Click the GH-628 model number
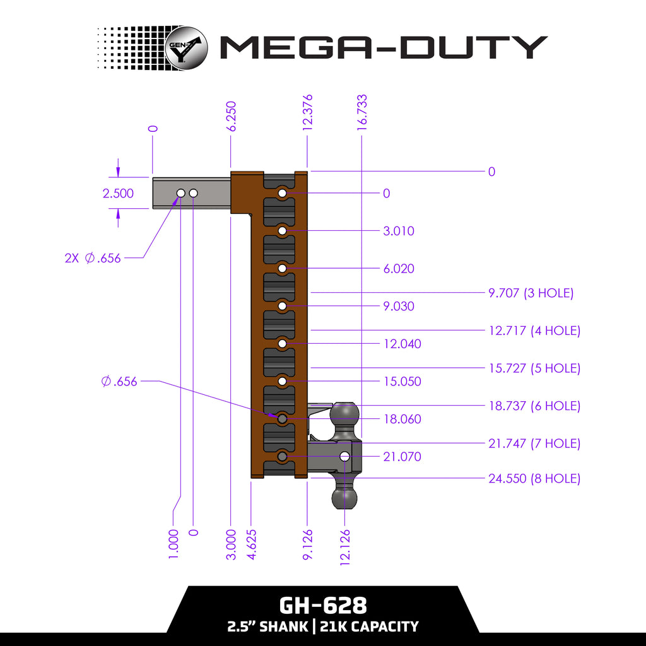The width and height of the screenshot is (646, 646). (x=322, y=606)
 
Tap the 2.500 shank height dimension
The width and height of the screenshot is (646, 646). (x=118, y=193)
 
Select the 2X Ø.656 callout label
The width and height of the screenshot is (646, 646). (x=93, y=257)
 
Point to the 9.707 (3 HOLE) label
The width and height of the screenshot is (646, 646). (x=531, y=293)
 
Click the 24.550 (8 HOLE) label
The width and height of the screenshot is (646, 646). (x=534, y=478)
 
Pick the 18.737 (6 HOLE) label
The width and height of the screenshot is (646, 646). (x=534, y=406)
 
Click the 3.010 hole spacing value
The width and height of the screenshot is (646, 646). (x=399, y=231)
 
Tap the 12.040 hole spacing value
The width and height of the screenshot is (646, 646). (x=402, y=344)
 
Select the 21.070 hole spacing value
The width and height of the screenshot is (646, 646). (x=402, y=456)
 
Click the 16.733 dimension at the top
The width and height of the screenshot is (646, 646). (x=362, y=112)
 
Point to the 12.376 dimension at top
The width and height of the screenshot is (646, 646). (x=307, y=112)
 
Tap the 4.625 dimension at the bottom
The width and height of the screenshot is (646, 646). (x=251, y=544)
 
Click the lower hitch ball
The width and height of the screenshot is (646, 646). (x=345, y=496)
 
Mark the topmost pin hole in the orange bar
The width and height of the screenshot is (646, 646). (x=282, y=192)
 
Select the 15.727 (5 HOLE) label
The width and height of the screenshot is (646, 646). (x=534, y=368)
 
